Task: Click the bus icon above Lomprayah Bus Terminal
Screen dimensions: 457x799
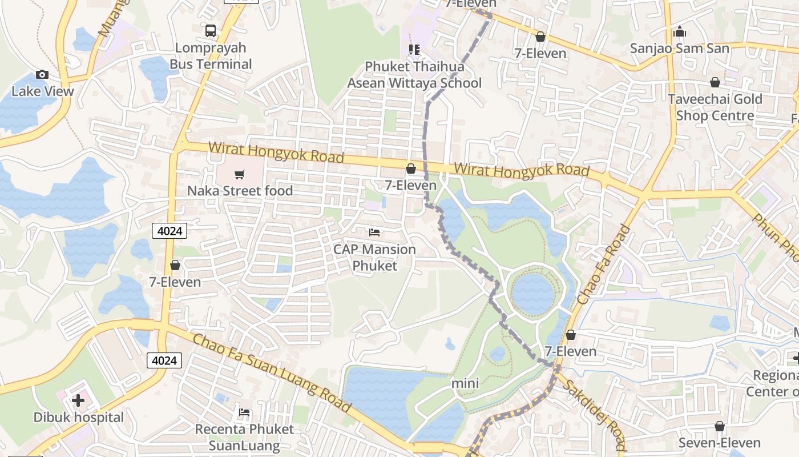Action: pos(211,31)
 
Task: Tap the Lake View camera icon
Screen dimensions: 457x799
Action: pos(42,75)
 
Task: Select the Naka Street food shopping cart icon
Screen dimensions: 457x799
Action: pos(240,174)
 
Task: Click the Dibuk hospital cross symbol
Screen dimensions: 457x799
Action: pos(78,400)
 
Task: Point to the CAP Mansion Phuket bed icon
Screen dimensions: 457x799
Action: pos(374,232)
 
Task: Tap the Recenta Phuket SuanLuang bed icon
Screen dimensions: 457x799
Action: pos(244,412)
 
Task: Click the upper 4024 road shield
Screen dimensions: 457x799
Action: pos(170,231)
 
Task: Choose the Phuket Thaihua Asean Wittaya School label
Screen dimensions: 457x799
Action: pos(414,75)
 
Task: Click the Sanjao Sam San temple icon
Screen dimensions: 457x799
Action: pos(679,32)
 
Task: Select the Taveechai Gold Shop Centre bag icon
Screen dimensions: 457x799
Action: pos(715,83)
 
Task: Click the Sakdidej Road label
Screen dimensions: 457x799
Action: pos(594,415)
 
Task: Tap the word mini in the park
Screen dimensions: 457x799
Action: pos(465,383)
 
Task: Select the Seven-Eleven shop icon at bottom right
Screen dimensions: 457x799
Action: pos(719,427)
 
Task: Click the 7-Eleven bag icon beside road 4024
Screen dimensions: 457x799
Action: pos(175,266)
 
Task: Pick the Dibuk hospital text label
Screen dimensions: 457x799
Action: pos(79,418)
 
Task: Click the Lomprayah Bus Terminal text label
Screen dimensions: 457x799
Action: pos(211,56)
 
